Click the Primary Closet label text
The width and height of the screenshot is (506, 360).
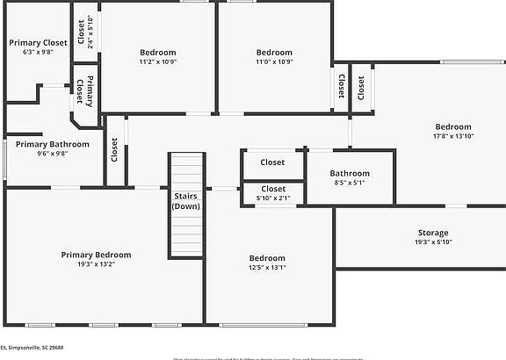click(38, 42)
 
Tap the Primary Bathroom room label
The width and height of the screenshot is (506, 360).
click(52, 144)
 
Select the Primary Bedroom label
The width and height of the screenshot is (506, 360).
click(96, 255)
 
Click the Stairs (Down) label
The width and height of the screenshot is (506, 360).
click(185, 201)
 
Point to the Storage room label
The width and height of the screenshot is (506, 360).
click(432, 233)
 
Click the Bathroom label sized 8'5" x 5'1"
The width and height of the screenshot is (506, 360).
click(350, 174)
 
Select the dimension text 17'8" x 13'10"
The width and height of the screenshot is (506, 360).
click(452, 136)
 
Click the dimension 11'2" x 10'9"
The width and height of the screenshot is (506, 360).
click(157, 62)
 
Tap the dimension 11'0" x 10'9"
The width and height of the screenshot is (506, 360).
click(273, 62)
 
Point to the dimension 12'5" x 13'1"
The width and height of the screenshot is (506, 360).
click(267, 267)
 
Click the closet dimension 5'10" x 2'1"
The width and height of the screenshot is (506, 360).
click(272, 199)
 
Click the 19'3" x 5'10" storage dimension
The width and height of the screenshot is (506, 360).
click(432, 242)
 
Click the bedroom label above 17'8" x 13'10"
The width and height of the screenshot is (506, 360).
click(452, 126)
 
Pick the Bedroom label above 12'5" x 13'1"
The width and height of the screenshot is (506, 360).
click(267, 257)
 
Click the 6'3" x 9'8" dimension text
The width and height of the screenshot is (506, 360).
click(38, 52)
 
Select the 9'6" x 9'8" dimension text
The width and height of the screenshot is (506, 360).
click(52, 154)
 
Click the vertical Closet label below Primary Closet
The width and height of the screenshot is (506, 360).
click(113, 149)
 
